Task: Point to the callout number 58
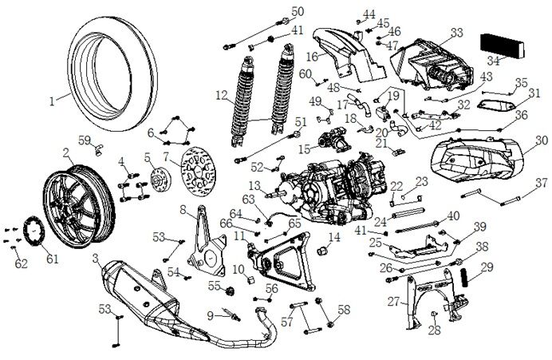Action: pyautogui.click(x=344, y=309)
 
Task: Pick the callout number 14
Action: pyautogui.click(x=334, y=238)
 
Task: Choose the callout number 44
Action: pyautogui.click(x=369, y=14)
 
